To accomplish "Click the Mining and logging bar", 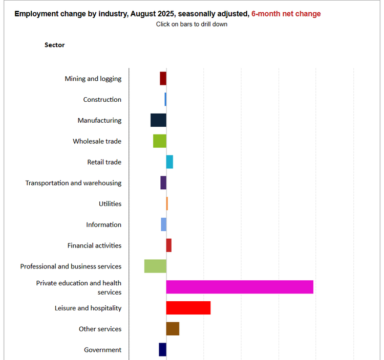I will (x=163, y=78).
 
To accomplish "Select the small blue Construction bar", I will (x=165, y=99).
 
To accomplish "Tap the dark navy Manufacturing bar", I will (x=158, y=120).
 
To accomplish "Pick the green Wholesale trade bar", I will (x=160, y=141).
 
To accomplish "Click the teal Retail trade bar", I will (x=169, y=162).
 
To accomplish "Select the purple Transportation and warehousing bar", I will (x=163, y=183).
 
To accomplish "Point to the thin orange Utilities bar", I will (x=167, y=204).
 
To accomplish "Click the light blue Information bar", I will (x=164, y=224).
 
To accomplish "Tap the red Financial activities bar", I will (x=169, y=245).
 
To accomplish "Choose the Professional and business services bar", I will (x=155, y=266).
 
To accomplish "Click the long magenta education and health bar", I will (x=240, y=287).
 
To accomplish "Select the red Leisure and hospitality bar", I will (x=188, y=308).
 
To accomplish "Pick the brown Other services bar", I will (x=173, y=329).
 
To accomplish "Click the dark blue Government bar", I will (x=162, y=349).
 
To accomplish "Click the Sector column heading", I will (x=55, y=45).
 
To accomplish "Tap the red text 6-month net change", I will (x=286, y=14).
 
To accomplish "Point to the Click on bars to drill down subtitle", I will (x=192, y=24).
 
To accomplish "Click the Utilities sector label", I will (x=110, y=204).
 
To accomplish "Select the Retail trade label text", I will (x=104, y=162).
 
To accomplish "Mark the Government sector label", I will (x=103, y=350).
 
